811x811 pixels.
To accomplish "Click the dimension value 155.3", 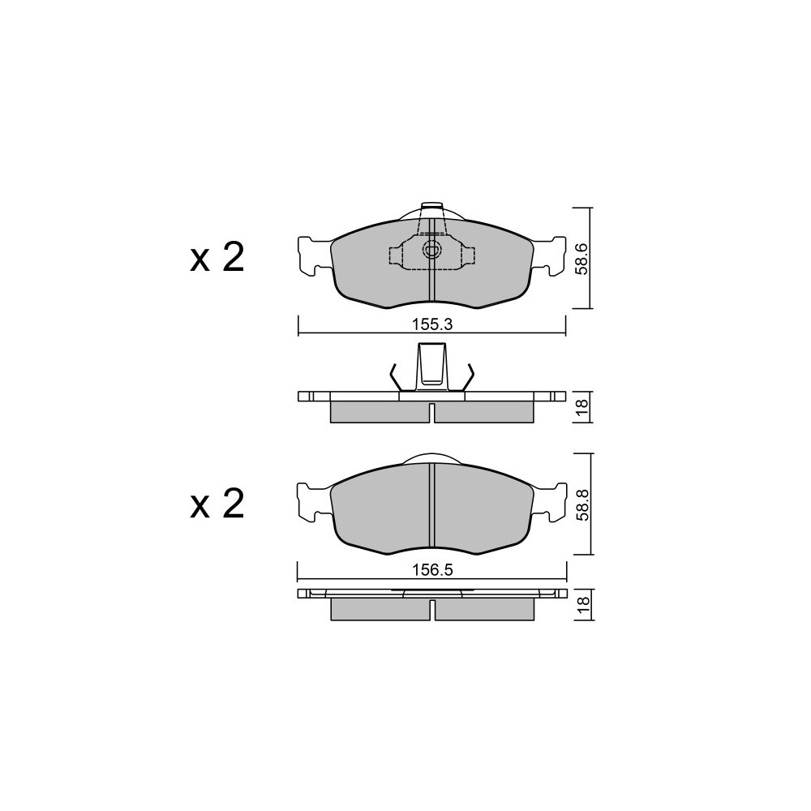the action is [x=432, y=324].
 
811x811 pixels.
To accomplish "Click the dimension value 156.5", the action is [x=432, y=570].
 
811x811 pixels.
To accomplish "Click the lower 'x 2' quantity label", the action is [x=217, y=504].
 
